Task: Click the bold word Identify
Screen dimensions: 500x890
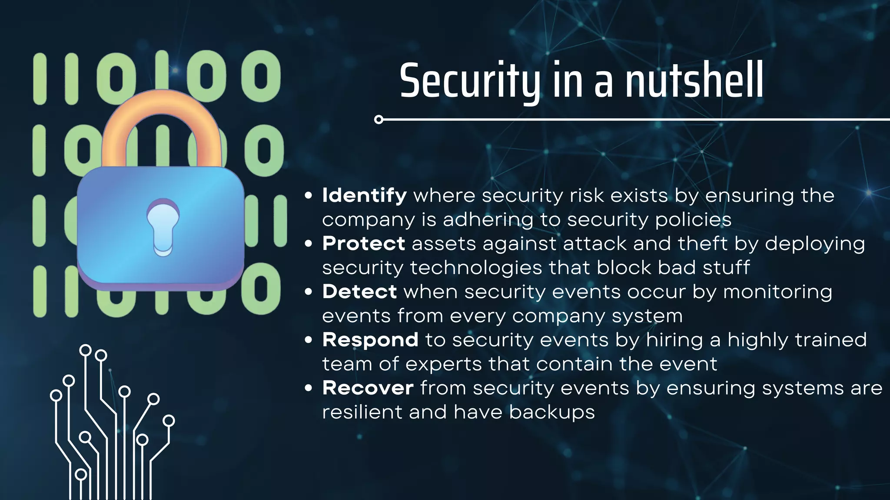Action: tap(364, 195)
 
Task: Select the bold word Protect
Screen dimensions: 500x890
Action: tap(363, 243)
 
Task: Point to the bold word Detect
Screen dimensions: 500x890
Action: tap(359, 292)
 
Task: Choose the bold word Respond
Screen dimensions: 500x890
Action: tap(370, 340)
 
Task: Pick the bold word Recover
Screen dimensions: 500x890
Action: tap(368, 388)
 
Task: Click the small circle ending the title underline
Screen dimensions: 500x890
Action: tap(379, 119)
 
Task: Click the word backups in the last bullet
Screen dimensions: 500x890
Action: tap(551, 412)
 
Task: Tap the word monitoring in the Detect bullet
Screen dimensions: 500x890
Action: tap(777, 292)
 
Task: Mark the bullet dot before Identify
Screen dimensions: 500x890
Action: tap(309, 196)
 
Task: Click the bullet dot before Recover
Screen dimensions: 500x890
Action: tap(309, 388)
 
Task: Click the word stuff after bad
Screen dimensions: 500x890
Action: tap(726, 268)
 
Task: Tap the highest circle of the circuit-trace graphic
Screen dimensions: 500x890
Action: tap(86, 350)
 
